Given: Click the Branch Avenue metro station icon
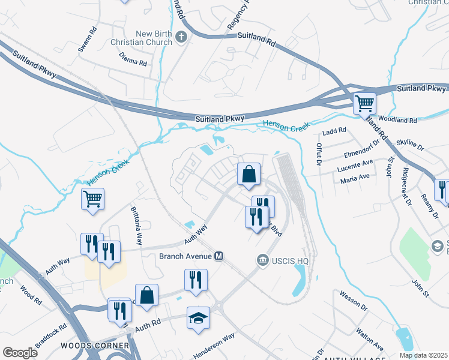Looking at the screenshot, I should click(219, 256).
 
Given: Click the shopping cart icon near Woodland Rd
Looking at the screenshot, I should click(364, 104).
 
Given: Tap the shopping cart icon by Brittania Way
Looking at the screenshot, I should click(92, 199).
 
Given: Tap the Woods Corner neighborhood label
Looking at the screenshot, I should click(95, 346).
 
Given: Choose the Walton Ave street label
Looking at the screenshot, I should click(370, 339).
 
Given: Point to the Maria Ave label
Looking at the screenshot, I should click(355, 178).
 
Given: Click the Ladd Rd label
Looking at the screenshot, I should click(334, 130).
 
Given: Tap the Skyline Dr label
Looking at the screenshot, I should click(409, 145).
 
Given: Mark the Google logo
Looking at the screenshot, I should click(20, 352).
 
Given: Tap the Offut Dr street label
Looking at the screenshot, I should click(319, 155).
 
